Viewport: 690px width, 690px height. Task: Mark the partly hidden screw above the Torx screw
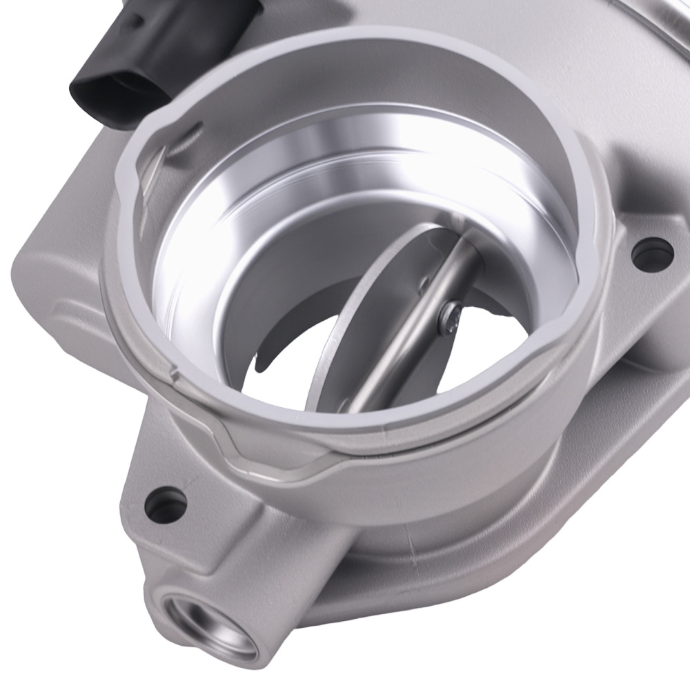(x=426, y=281)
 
